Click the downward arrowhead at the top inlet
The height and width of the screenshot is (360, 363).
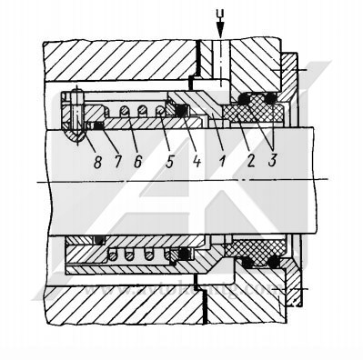[x=218, y=35]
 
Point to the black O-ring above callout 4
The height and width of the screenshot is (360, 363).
[x=180, y=111]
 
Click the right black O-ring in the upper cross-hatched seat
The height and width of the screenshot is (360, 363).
[x=270, y=97]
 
